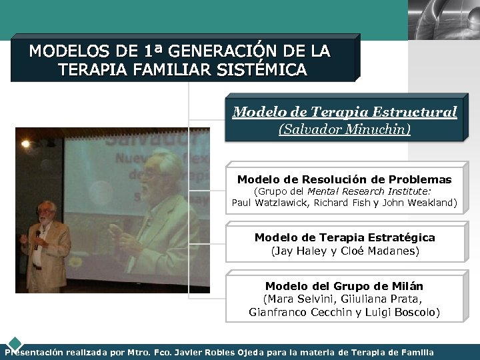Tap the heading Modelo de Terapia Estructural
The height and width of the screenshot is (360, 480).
tap(344, 112)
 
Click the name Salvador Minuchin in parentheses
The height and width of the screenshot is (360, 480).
tap(344, 129)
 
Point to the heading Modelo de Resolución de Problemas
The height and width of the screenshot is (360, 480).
tap(344, 179)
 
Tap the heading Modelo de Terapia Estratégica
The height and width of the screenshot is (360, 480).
tap(344, 237)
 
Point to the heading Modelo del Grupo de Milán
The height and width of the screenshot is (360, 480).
tap(344, 286)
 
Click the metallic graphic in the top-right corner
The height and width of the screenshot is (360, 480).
tap(443, 19)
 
